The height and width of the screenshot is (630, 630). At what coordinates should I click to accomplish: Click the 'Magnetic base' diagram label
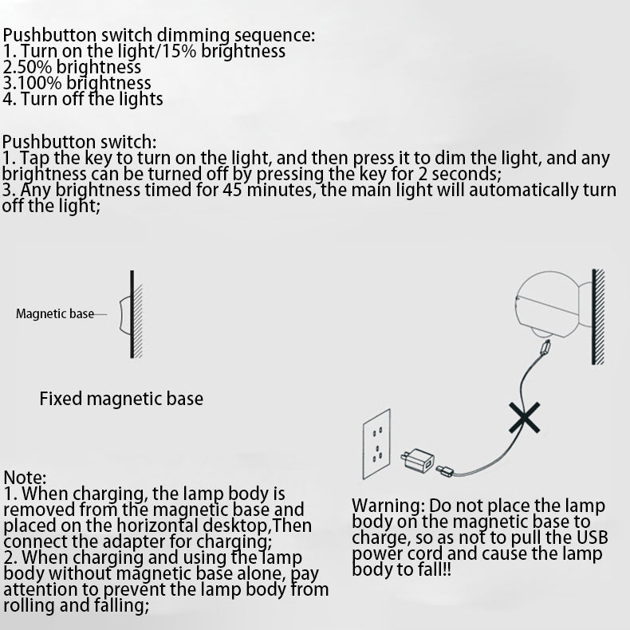tap(55, 313)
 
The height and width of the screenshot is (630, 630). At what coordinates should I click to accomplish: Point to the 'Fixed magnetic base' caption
tap(121, 398)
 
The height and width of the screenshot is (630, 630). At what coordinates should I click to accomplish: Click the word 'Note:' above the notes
tap(26, 477)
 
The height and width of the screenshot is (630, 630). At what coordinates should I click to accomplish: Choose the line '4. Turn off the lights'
tap(83, 99)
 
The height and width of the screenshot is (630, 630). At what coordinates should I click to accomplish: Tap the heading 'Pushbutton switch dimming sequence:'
tap(159, 35)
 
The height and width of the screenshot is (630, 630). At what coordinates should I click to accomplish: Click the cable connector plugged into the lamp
tap(545, 348)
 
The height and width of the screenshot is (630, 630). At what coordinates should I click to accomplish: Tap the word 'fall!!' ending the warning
tap(431, 569)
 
